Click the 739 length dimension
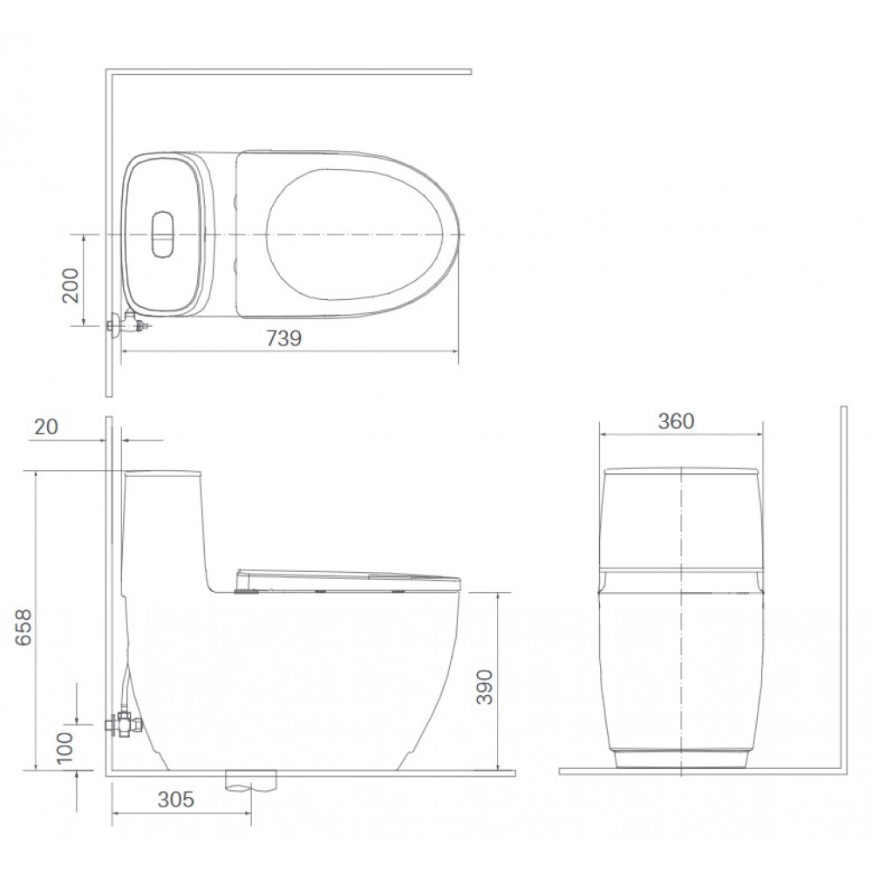click(283, 338)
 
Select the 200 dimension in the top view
click(71, 285)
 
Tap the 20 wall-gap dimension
click(46, 427)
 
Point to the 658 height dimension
click(24, 628)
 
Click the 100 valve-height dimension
click(65, 746)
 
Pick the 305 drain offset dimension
click(176, 800)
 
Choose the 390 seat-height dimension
click(485, 687)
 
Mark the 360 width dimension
click(677, 421)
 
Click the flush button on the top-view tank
click(163, 234)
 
